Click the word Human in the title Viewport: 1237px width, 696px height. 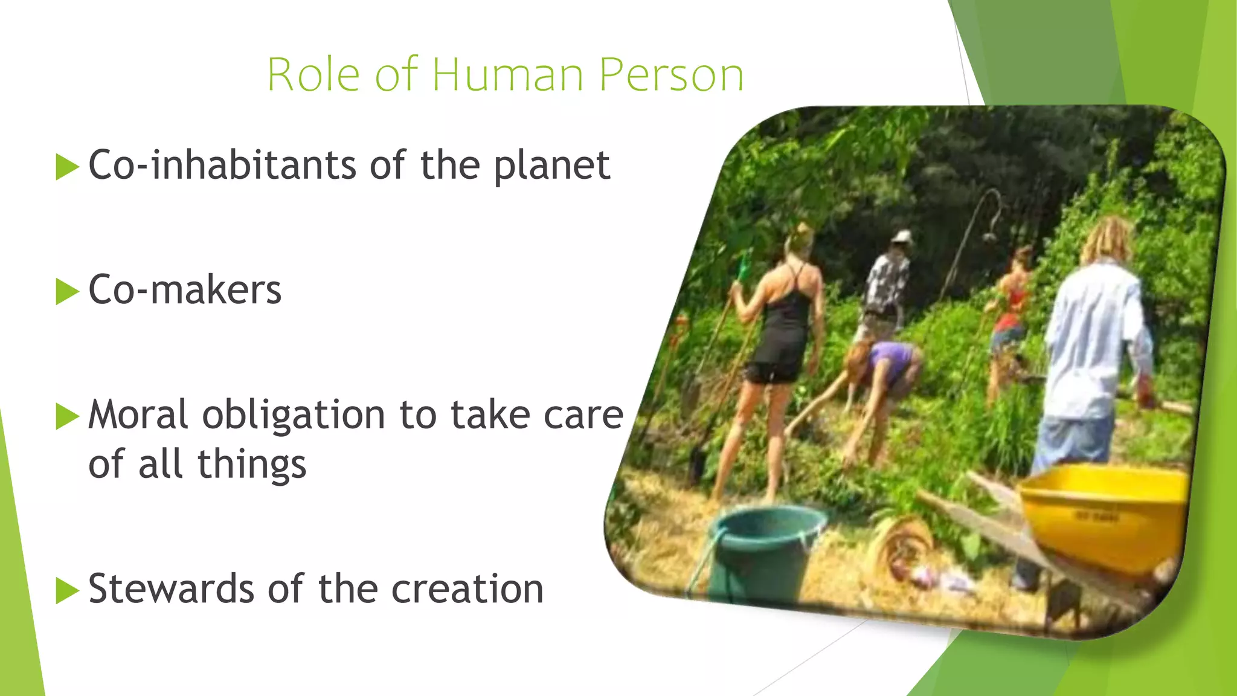[507, 75]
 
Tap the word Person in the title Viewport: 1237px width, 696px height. [671, 75]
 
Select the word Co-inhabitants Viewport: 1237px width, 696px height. [222, 165]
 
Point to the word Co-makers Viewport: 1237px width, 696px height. [185, 290]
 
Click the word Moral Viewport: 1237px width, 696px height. [138, 415]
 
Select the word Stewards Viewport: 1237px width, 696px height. [171, 589]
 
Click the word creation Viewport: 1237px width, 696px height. [467, 589]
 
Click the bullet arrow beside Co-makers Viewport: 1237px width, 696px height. [67, 291]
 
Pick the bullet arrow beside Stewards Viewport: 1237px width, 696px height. [67, 590]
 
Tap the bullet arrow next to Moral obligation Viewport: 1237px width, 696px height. [67, 416]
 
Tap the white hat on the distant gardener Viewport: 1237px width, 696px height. [902, 236]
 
